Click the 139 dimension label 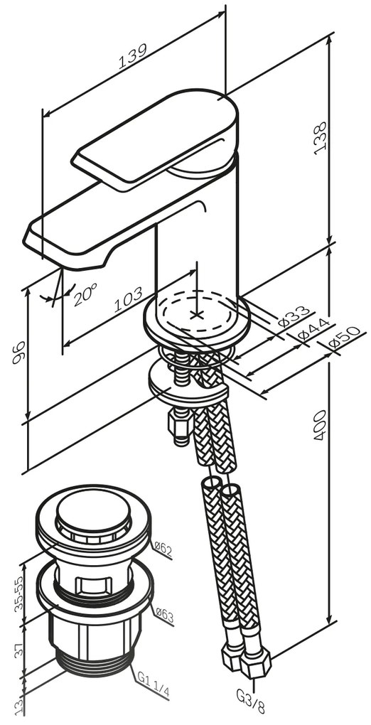[133, 56]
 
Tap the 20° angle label [85, 295]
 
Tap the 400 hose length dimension [320, 425]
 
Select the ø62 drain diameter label [163, 549]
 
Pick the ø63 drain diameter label [164, 616]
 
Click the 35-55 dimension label [19, 594]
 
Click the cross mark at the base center [197, 315]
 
